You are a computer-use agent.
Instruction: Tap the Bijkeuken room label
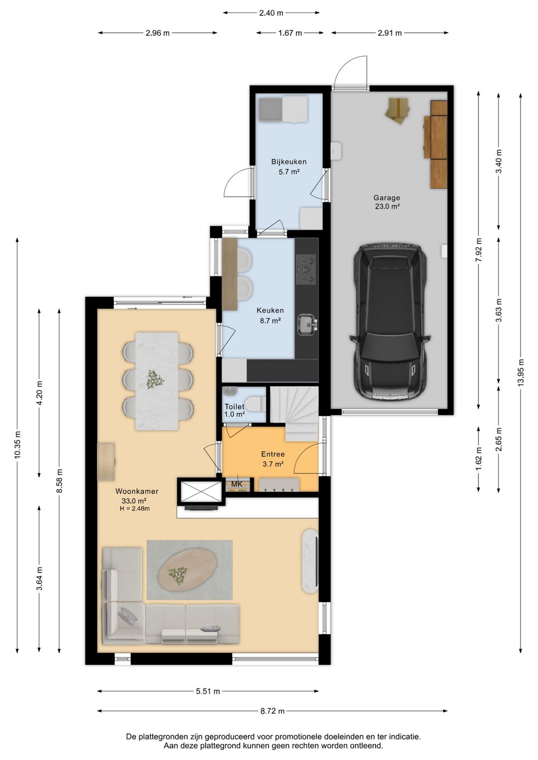point(289,162)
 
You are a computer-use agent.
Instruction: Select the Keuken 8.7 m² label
point(270,315)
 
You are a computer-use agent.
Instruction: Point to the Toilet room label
point(234,406)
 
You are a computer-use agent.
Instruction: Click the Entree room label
point(273,454)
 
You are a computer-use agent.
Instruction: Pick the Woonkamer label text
point(137,491)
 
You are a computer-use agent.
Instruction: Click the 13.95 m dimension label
point(521,372)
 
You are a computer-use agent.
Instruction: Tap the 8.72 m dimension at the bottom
point(272,711)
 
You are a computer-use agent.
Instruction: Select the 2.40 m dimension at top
point(271,13)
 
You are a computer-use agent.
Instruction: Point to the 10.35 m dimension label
point(17,445)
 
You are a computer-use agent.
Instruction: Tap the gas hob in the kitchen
point(306,269)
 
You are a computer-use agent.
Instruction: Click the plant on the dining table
point(155,379)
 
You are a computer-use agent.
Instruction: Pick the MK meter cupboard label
point(237,484)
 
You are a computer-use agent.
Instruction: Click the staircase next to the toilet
point(294,413)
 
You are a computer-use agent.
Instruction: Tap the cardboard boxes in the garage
point(398,111)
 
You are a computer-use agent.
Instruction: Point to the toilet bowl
point(255,404)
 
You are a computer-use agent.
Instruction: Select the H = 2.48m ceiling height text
point(135,508)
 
